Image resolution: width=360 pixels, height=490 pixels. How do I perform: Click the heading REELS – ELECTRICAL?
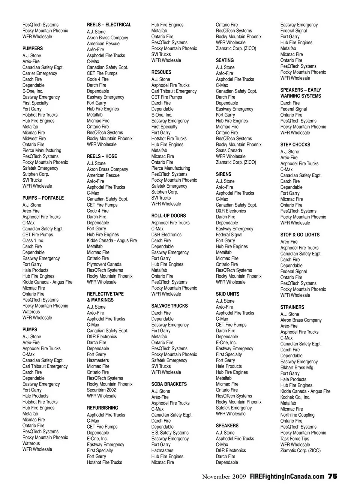click(109, 25)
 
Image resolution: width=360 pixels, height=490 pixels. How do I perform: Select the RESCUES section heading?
click(161, 72)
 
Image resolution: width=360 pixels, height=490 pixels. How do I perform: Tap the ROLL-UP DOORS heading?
click(168, 216)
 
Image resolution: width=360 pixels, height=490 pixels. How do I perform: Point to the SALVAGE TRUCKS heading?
click(169, 306)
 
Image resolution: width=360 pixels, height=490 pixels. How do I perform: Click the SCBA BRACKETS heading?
click(169, 384)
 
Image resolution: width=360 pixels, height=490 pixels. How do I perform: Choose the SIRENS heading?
click(223, 174)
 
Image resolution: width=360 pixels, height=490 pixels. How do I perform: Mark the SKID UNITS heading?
click(227, 294)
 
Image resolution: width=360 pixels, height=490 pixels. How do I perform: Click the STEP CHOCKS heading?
click(295, 145)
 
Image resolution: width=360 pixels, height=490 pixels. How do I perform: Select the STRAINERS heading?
click(292, 307)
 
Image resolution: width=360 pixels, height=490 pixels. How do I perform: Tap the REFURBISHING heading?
click(102, 408)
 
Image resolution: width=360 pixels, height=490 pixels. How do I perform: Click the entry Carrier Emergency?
click(40, 73)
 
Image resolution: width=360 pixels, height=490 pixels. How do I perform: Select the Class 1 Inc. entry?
click(33, 241)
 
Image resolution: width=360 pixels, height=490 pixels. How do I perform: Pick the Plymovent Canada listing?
click(104, 264)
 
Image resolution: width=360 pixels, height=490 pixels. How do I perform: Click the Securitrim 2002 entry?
click(101, 390)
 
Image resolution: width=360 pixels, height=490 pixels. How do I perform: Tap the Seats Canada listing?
click(229, 151)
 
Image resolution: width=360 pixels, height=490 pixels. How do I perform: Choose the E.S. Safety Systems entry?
click(170, 433)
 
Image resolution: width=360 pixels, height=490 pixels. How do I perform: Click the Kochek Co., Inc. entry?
click(295, 397)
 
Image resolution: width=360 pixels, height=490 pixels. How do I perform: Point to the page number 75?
click(333, 477)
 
